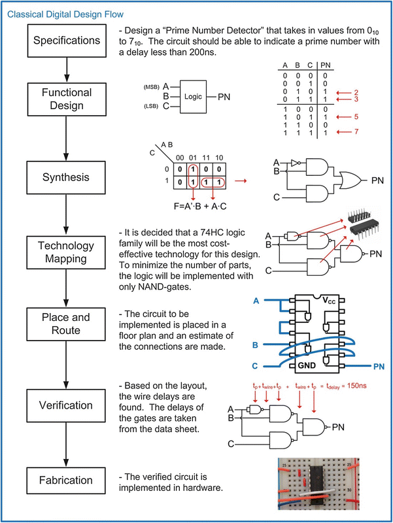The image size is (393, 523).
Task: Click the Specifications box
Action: pyautogui.click(x=67, y=41)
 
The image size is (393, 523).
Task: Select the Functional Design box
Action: pyautogui.click(x=67, y=99)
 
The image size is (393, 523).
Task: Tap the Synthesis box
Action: pyautogui.click(x=66, y=177)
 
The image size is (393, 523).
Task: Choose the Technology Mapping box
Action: pyautogui.click(x=66, y=252)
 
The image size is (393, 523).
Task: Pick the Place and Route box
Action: pyautogui.click(x=66, y=324)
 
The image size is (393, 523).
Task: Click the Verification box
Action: pyautogui.click(x=66, y=405)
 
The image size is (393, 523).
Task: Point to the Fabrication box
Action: pyautogui.click(x=66, y=481)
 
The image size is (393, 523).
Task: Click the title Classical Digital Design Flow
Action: pyautogui.click(x=65, y=14)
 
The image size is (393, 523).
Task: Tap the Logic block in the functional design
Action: pyautogui.click(x=193, y=97)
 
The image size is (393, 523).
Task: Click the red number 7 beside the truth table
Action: pyautogui.click(x=356, y=131)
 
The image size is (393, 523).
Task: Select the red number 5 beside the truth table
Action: pyautogui.click(x=356, y=117)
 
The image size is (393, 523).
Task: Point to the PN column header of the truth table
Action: pyautogui.click(x=325, y=65)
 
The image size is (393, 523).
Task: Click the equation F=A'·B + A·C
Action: pyautogui.click(x=200, y=207)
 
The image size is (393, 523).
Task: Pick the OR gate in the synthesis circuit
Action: pyautogui.click(x=350, y=180)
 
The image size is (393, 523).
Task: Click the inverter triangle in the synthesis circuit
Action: pyautogui.click(x=295, y=163)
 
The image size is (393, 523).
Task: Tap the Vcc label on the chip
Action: pyautogui.click(x=329, y=301)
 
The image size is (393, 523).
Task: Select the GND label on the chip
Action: pyautogui.click(x=307, y=365)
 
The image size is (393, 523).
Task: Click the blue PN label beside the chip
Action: pyautogui.click(x=379, y=367)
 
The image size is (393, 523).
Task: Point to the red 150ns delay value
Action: pyautogui.click(x=357, y=386)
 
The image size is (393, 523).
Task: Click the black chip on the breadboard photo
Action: pyautogui.click(x=316, y=484)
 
